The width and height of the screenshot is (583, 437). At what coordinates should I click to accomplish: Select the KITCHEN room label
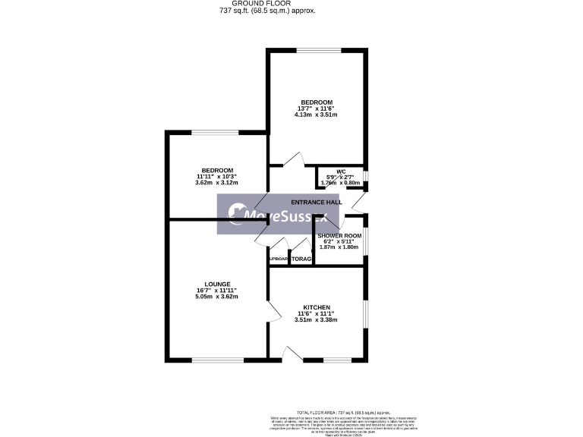pos(316,307)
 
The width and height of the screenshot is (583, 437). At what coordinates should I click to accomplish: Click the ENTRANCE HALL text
pos(317,203)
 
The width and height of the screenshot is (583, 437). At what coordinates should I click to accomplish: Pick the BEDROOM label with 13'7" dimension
pos(316,102)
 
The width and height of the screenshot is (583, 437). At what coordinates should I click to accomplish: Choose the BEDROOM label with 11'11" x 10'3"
pos(217,170)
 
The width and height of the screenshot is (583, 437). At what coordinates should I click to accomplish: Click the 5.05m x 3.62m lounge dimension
pos(216,296)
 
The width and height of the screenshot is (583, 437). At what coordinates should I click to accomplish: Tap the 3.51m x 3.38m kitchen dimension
pos(316,319)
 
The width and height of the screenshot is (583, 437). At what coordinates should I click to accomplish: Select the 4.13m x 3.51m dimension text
pos(316,115)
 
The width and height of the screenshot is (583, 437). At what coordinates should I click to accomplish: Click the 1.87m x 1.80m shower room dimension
pos(339,247)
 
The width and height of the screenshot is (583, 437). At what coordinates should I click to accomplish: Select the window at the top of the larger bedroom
pos(319,51)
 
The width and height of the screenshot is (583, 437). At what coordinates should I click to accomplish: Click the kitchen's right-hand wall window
pos(366,313)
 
